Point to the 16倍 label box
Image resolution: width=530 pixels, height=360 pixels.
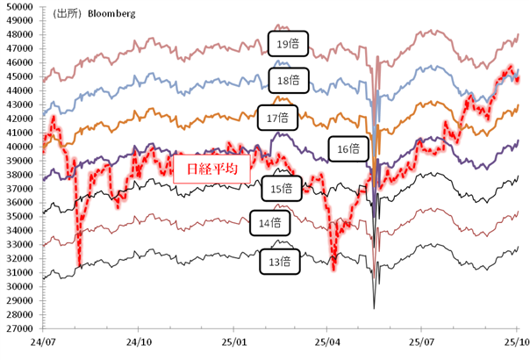tap(347, 148)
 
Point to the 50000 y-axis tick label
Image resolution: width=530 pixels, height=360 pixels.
tap(17, 7)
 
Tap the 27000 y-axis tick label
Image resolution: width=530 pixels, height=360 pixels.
tap(17, 328)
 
